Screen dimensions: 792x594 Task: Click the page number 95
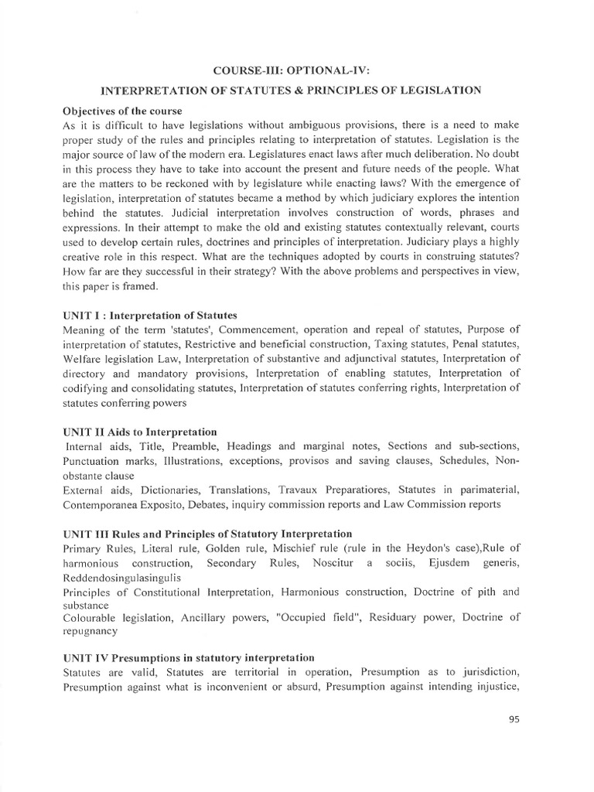click(x=514, y=719)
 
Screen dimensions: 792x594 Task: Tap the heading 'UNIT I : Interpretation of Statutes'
click(x=149, y=316)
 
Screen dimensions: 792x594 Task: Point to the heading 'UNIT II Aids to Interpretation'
click(x=140, y=432)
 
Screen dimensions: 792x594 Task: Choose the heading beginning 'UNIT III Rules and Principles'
click(x=208, y=534)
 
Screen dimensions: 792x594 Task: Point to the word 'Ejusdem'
click(x=449, y=563)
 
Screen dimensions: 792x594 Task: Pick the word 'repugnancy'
click(x=90, y=631)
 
